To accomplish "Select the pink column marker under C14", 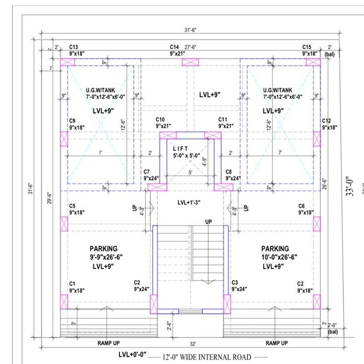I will click(190, 62).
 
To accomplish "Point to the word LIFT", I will click(182, 148).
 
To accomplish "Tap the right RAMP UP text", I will click(277, 343).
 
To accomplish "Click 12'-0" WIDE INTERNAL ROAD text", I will click(207, 357).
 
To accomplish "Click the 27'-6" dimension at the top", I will click(191, 47).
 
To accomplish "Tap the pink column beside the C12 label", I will click(317, 139).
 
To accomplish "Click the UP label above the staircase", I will click(209, 222).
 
